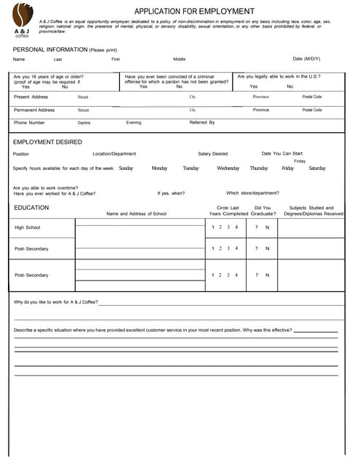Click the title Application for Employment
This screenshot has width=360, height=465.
[194, 11]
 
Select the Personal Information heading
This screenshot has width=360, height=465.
[65, 49]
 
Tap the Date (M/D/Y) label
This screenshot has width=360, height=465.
[306, 59]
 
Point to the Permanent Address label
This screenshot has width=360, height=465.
[34, 110]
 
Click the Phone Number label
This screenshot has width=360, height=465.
[29, 123]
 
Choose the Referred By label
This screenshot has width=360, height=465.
[202, 123]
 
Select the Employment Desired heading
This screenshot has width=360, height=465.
[47, 142]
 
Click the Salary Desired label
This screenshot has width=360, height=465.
[212, 154]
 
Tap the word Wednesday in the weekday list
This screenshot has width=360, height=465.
[228, 169]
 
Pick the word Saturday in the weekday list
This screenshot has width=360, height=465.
[317, 169]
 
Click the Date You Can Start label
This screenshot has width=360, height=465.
[282, 153]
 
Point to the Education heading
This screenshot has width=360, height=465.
[31, 208]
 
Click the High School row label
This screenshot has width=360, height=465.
[28, 227]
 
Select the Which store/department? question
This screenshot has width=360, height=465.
[252, 193]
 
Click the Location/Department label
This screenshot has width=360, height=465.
[114, 154]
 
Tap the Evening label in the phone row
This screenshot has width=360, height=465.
[134, 123]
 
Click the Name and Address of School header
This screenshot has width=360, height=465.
[136, 214]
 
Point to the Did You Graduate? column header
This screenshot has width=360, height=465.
[263, 211]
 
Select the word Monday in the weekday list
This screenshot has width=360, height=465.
[159, 169]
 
